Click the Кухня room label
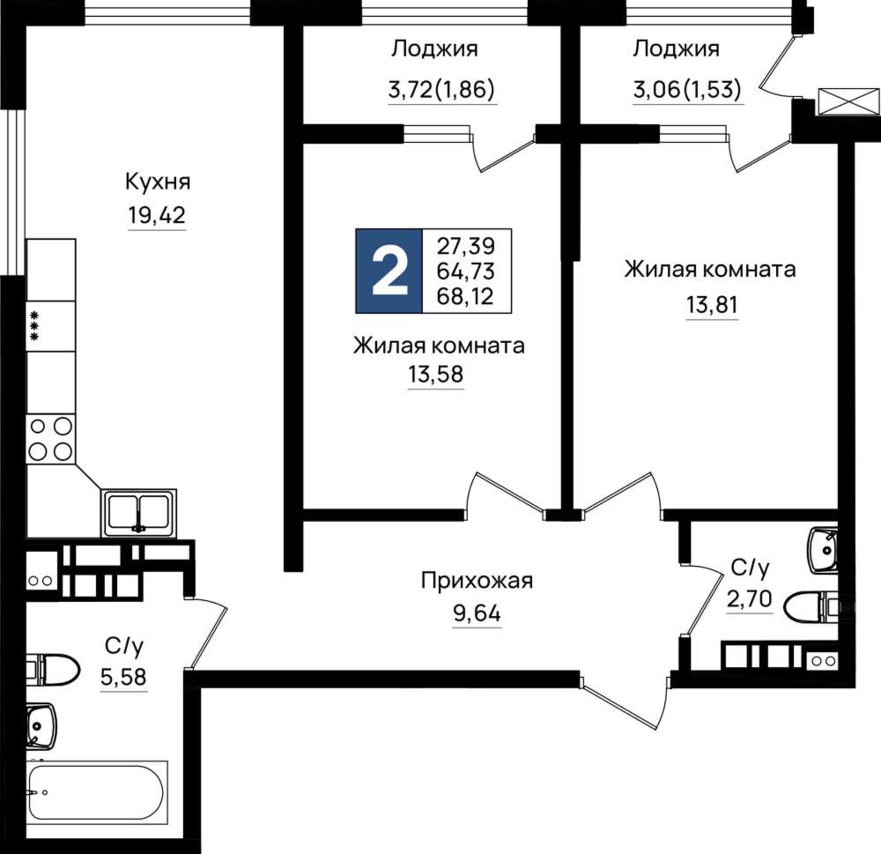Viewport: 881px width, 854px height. tap(158, 182)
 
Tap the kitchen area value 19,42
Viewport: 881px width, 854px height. tap(157, 215)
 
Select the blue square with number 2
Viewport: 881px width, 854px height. tap(389, 271)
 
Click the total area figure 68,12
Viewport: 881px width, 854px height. tap(465, 297)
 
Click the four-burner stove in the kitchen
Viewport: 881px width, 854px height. tap(50, 439)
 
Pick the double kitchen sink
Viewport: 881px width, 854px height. tap(139, 513)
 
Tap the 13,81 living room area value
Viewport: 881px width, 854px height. tap(712, 305)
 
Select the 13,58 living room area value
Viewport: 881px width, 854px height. tap(435, 374)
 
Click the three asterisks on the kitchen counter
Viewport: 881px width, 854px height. tap(35, 326)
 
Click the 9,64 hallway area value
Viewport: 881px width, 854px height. tap(477, 613)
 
